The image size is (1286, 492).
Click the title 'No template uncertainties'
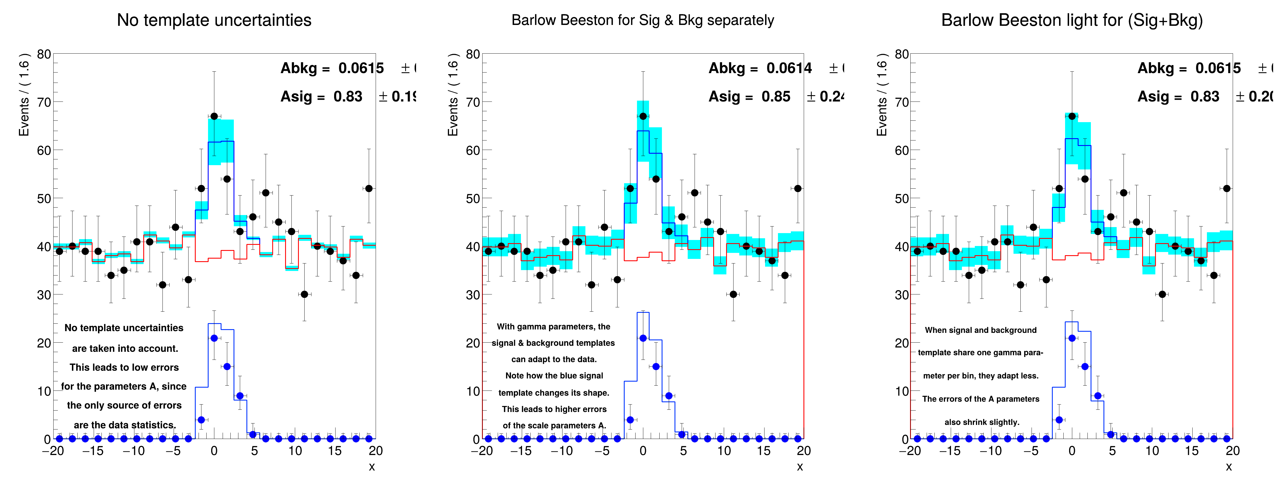214,20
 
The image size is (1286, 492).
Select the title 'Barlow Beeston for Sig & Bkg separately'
642,20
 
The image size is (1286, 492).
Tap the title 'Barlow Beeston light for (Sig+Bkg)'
1072,20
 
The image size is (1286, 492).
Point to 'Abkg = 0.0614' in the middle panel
760,68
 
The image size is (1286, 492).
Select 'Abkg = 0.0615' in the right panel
1189,68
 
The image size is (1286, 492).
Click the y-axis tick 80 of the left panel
44,54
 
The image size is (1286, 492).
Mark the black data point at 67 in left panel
214,116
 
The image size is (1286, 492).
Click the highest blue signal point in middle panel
643,338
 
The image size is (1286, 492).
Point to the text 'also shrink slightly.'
981,422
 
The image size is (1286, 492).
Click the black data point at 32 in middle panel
592,285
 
